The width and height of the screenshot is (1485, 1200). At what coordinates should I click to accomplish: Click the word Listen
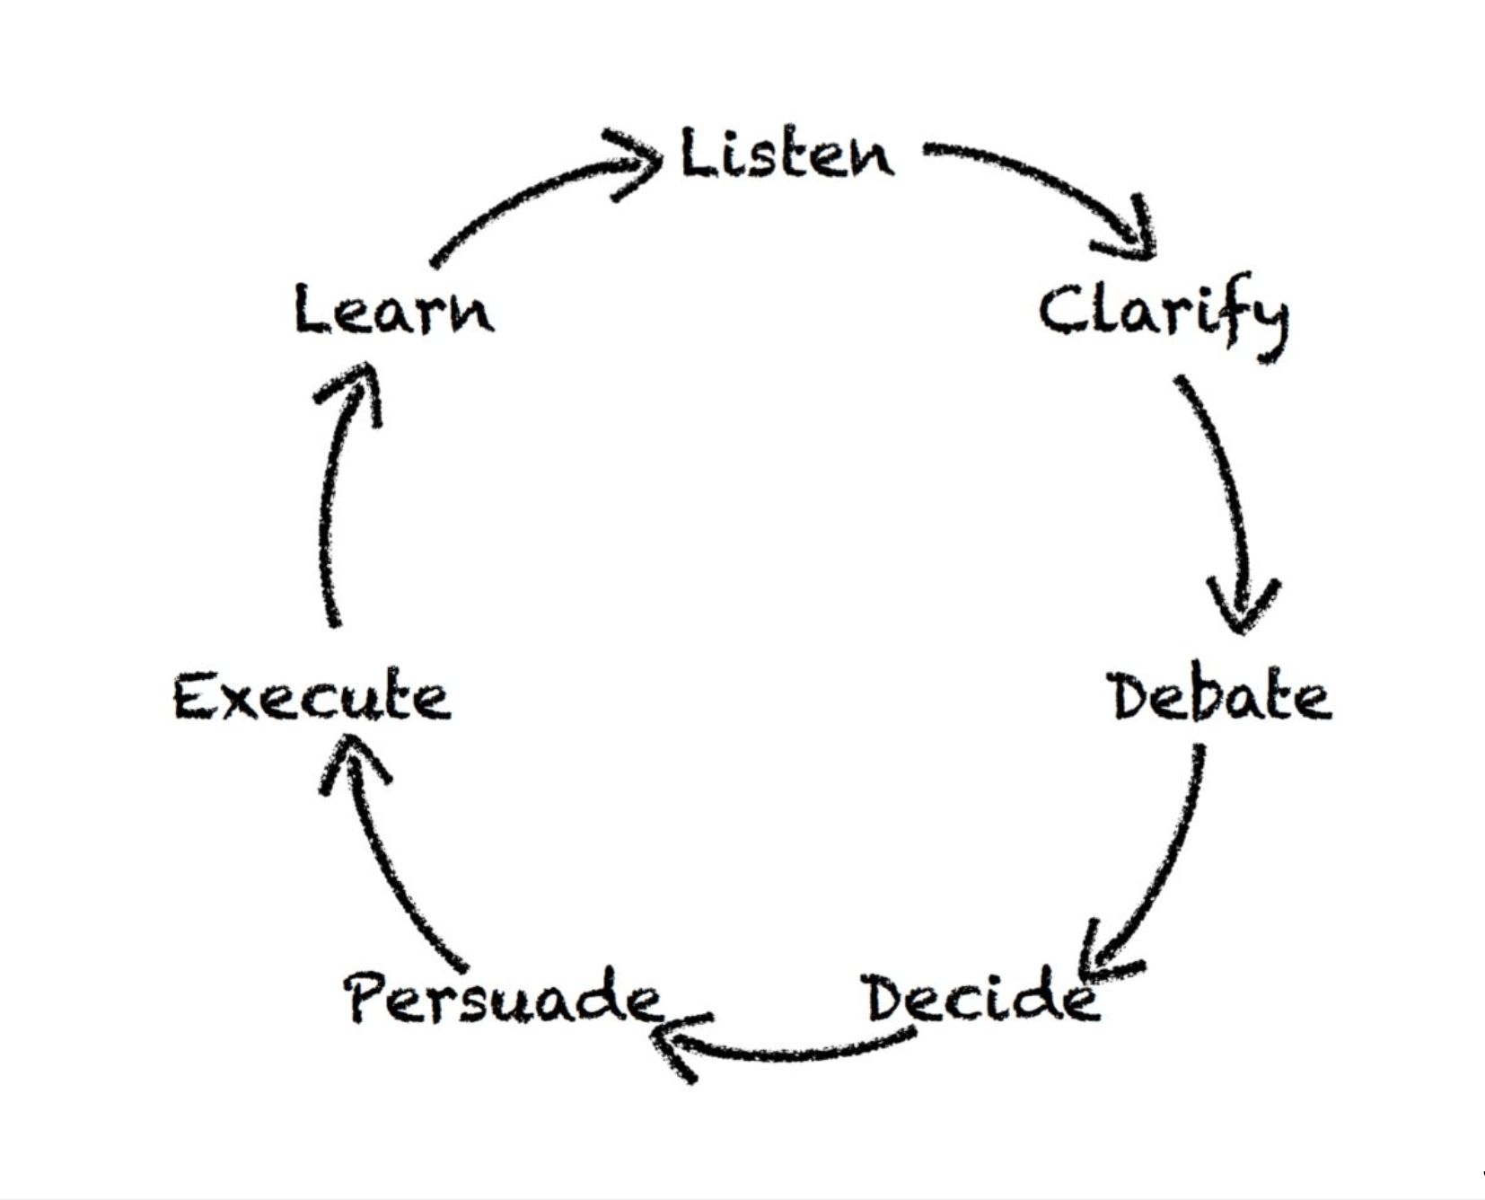tap(787, 154)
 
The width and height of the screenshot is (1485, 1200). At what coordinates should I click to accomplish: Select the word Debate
tap(1221, 697)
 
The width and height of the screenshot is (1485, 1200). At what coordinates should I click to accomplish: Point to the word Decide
tap(982, 997)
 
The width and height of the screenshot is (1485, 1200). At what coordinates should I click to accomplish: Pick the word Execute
tap(312, 697)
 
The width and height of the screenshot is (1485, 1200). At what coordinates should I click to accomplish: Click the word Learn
tap(394, 310)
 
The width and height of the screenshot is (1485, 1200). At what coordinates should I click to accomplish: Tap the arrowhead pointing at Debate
tap(1243, 606)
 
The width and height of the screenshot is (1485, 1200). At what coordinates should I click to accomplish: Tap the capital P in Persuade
tap(368, 997)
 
